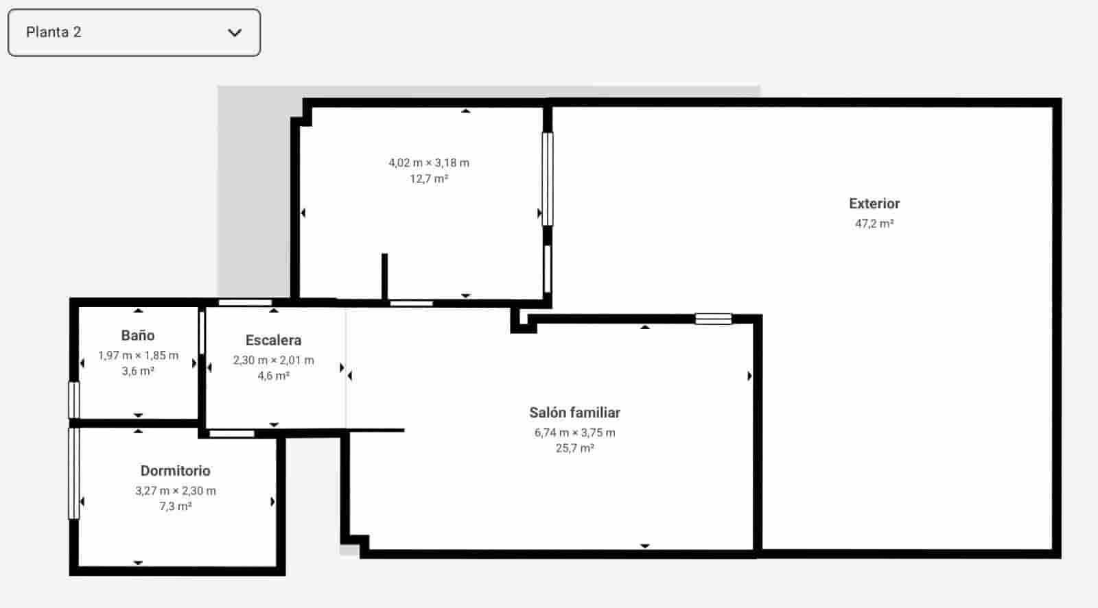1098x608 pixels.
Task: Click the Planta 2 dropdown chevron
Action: pos(235,32)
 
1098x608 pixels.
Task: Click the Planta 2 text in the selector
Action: pos(54,32)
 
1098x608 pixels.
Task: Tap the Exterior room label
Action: pos(874,204)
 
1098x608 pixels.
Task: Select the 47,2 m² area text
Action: pos(874,223)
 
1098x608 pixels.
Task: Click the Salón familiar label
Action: pos(574,413)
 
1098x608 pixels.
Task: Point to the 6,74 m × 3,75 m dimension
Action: pos(574,433)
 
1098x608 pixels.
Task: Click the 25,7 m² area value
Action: pos(574,448)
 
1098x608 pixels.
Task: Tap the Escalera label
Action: pos(273,340)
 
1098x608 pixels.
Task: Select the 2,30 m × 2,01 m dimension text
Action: pos(273,360)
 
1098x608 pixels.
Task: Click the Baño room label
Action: pos(137,335)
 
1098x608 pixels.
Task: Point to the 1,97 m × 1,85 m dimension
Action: pos(138,355)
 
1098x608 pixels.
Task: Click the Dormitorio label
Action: pos(175,471)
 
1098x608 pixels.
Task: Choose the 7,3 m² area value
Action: pos(175,507)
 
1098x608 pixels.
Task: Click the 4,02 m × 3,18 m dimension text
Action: pos(429,162)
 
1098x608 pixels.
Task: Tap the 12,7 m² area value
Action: pos(429,179)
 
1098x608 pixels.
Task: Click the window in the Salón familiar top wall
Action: pos(713,319)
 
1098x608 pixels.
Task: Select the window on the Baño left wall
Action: pos(73,400)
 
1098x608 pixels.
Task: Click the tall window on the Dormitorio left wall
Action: pos(73,473)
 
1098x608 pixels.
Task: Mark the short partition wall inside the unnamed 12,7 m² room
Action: pos(384,276)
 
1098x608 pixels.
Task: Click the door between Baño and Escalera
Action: pos(202,332)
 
